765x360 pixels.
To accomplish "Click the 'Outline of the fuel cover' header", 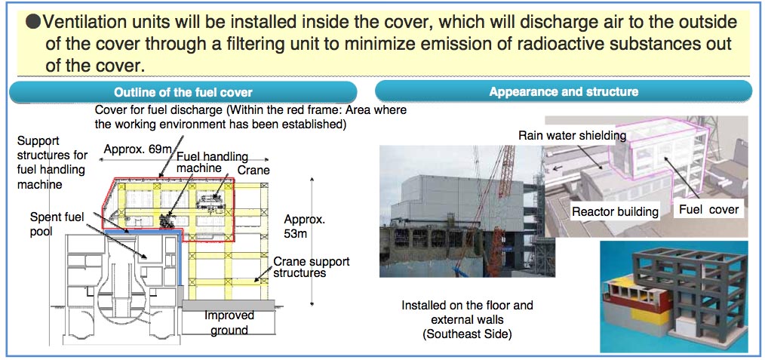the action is click(183, 92).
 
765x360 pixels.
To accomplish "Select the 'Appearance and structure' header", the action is click(564, 92).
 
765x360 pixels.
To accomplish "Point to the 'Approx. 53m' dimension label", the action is click(305, 226).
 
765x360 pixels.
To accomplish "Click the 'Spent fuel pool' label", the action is click(48, 223).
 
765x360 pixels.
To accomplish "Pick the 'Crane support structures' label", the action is click(312, 267).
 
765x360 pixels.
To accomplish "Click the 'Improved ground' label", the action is click(229, 322).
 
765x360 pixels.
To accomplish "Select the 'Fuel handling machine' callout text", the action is click(212, 162).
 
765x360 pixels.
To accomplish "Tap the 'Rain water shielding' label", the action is click(572, 136).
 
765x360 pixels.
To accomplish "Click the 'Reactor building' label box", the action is click(615, 212).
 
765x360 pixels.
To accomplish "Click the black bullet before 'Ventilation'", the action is click(32, 22).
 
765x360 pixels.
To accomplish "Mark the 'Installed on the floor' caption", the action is click(468, 306).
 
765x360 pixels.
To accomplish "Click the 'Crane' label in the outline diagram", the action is click(253, 170).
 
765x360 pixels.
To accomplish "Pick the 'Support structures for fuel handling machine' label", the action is click(53, 163).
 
